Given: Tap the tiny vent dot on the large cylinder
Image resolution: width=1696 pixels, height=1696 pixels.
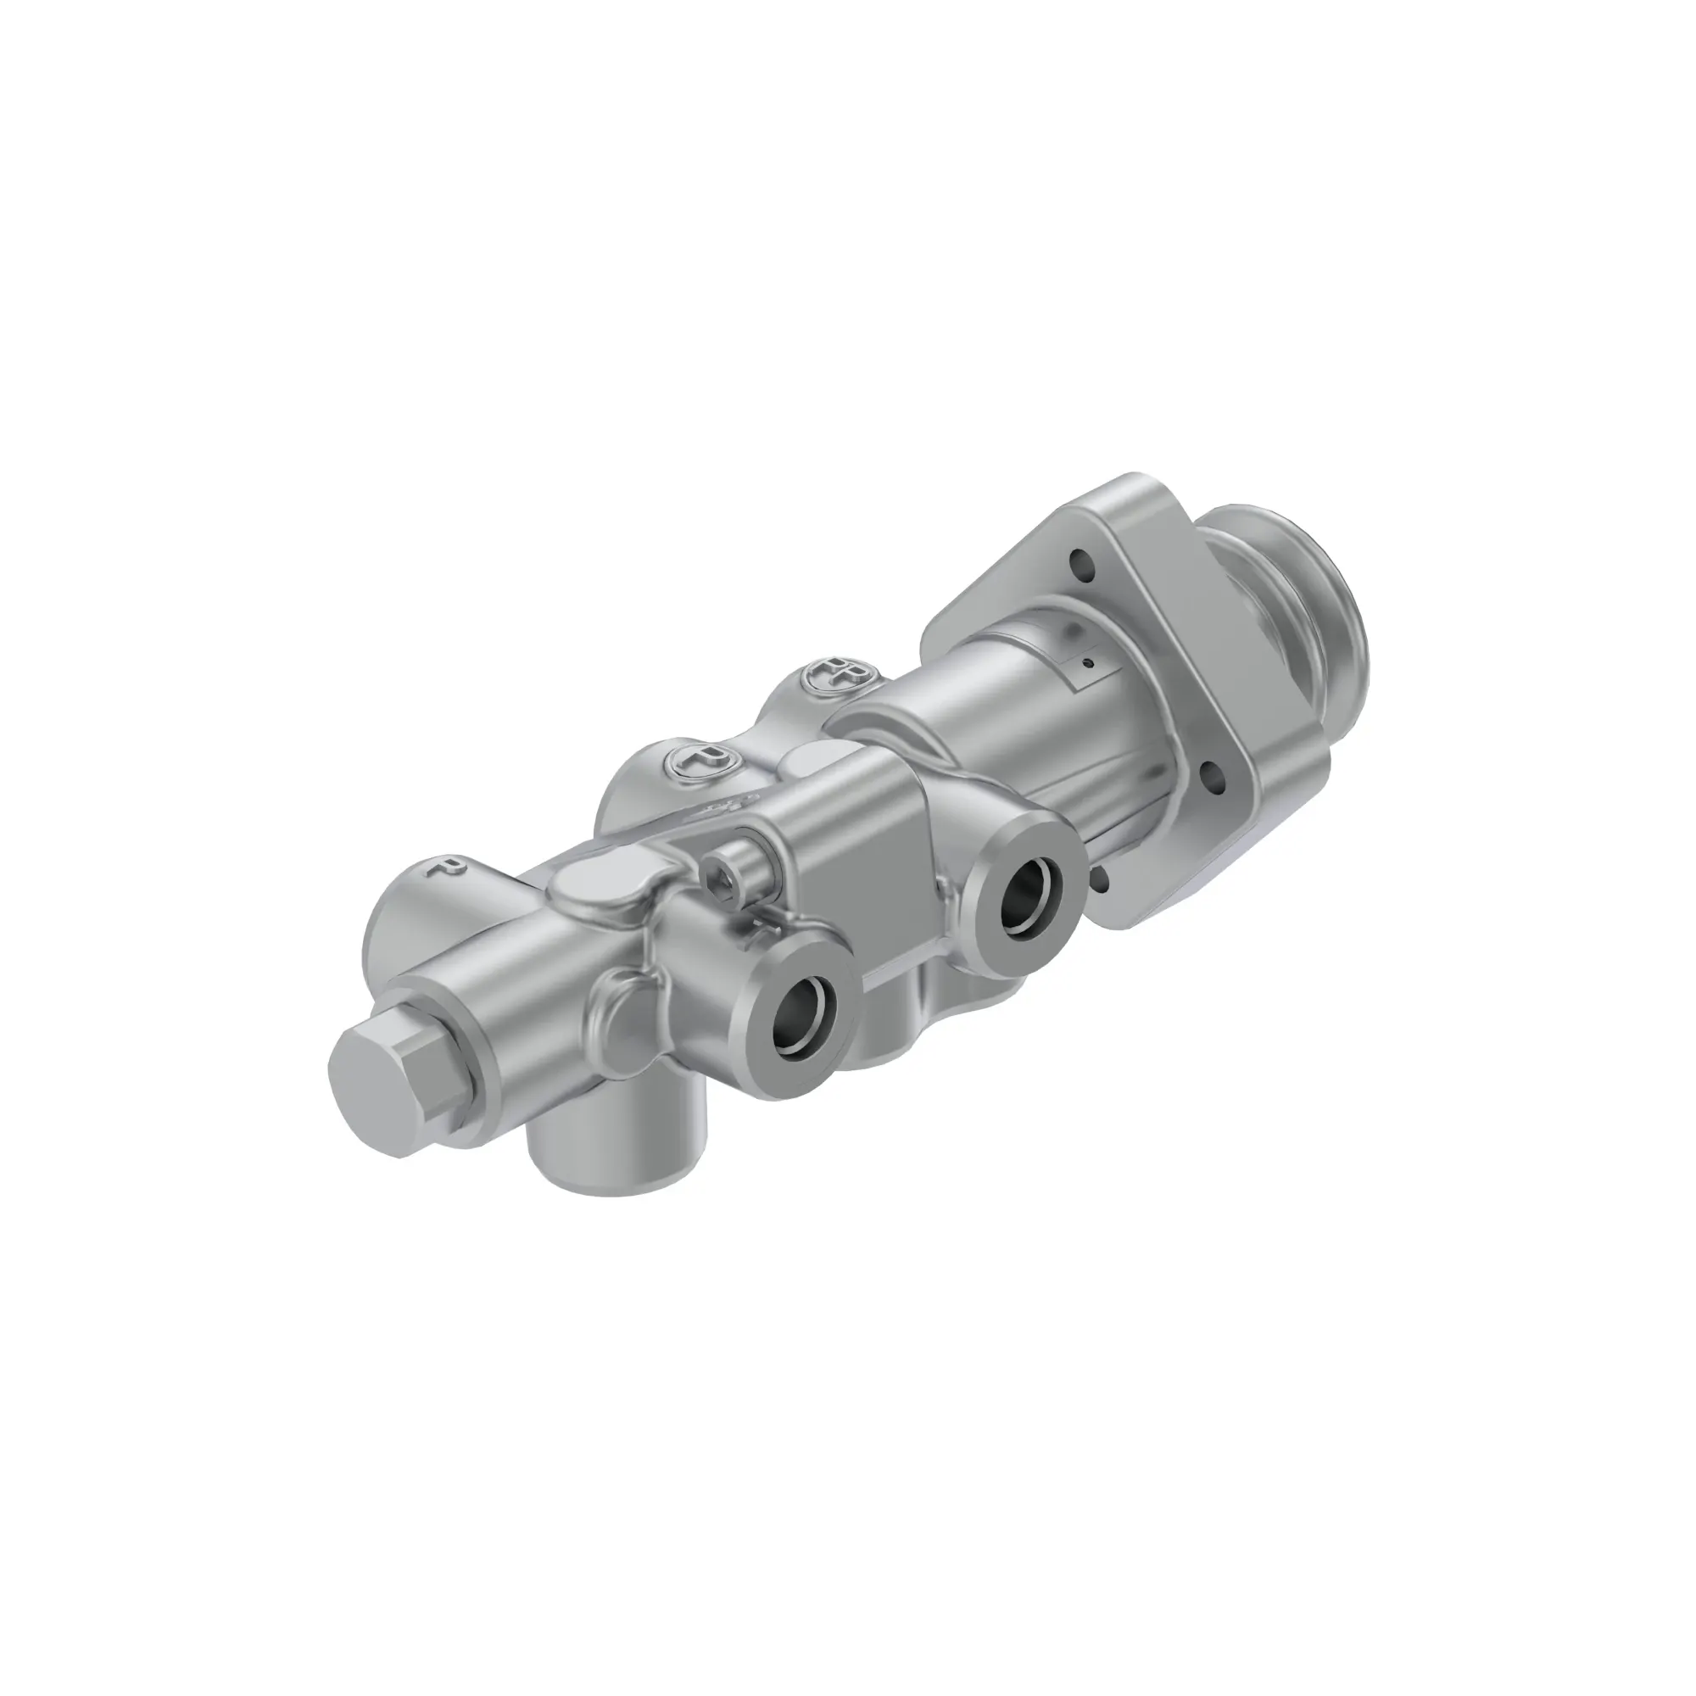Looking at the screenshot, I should coord(1089,666).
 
